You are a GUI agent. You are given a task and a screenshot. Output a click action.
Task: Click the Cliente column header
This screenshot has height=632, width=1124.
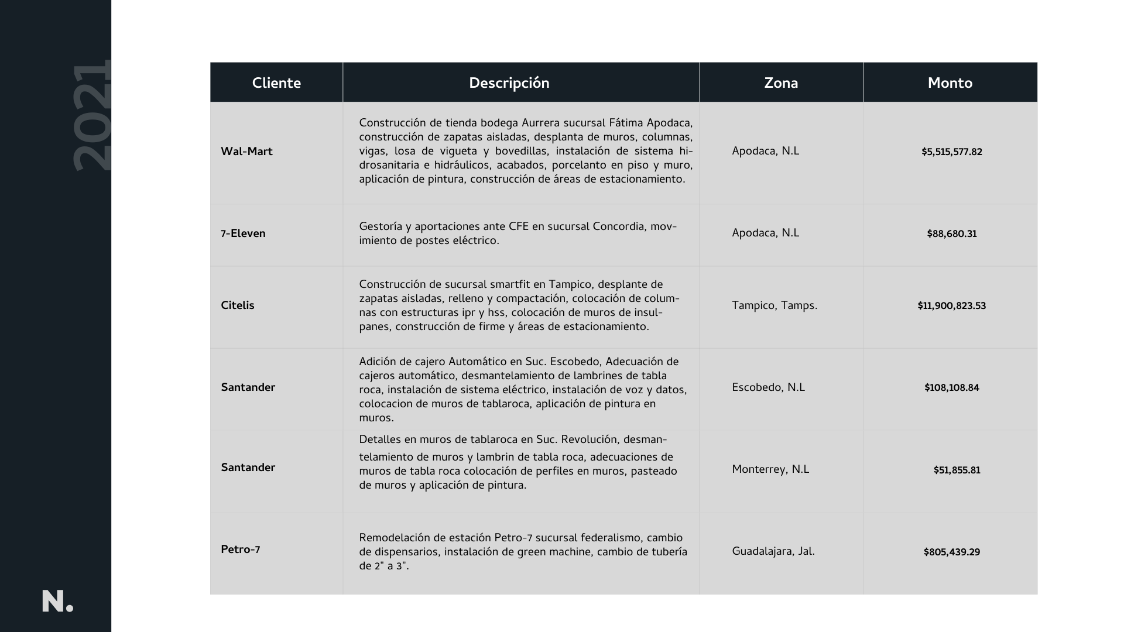(x=276, y=83)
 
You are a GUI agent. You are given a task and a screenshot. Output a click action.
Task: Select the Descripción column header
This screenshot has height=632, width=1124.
(x=509, y=83)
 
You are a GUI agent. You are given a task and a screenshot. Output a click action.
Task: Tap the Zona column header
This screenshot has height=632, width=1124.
(x=780, y=83)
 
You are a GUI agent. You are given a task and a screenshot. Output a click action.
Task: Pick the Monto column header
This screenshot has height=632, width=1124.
(x=950, y=83)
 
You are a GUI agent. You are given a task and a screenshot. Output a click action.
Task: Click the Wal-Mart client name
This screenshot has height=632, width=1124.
(x=246, y=152)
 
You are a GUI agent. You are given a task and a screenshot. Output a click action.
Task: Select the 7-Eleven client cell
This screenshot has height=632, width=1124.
(x=243, y=233)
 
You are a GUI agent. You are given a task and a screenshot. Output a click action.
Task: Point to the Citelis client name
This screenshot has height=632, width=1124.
(x=237, y=305)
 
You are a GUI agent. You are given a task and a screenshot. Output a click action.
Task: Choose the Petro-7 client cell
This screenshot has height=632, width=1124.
(x=240, y=549)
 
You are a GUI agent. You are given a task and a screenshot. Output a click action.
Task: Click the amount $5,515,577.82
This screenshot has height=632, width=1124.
(x=951, y=152)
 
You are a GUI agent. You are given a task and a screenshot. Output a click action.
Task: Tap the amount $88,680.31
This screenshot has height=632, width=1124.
(x=951, y=234)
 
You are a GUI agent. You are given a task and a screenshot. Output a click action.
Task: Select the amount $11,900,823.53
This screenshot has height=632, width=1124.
(x=951, y=306)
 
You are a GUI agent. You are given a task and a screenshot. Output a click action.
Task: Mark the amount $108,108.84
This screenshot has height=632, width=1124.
(x=951, y=388)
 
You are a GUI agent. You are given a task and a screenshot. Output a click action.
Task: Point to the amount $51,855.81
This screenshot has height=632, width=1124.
(x=957, y=470)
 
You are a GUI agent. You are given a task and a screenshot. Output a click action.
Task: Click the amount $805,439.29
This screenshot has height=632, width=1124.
(x=951, y=552)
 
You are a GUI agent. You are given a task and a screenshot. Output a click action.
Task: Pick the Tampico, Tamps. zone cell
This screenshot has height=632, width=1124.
(x=774, y=305)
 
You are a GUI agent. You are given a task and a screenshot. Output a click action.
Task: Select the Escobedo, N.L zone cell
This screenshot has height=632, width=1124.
(x=768, y=387)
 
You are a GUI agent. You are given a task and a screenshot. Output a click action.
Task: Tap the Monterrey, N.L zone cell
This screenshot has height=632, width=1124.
(x=770, y=469)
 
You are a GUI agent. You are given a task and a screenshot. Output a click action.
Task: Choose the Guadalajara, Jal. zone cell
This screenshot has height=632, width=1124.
(x=773, y=551)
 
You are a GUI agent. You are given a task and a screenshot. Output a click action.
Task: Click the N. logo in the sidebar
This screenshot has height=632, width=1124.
(x=57, y=602)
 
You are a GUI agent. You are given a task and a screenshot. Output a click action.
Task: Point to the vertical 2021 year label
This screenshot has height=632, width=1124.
(x=92, y=115)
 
